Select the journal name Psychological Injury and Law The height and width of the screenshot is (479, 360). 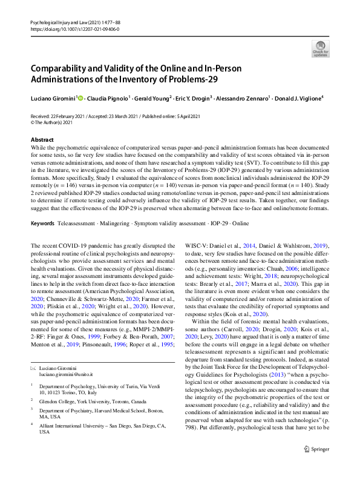coord(55,22)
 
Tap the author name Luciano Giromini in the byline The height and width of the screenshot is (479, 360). coord(53,97)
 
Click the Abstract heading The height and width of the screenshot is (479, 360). coord(42,139)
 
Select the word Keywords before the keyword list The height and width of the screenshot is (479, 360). coord(43,223)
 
